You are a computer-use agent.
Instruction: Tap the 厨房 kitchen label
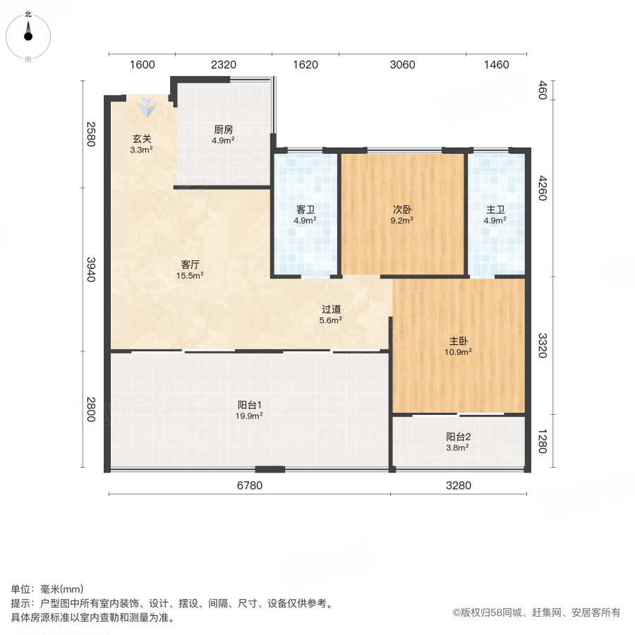[x=224, y=130]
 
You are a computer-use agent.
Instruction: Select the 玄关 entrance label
[x=142, y=139]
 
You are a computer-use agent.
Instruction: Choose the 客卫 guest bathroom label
[x=305, y=210]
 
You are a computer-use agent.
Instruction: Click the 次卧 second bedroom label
[x=402, y=210]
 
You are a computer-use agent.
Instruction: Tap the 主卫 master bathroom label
[x=495, y=210]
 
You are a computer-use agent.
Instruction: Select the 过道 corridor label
[x=332, y=309]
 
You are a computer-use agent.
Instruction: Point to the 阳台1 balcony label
[x=250, y=405]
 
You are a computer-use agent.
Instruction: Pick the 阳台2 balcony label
[x=457, y=437]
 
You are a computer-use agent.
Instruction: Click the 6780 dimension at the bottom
[x=250, y=485]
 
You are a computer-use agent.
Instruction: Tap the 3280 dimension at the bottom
[x=458, y=485]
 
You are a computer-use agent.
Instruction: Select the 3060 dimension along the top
[x=402, y=65]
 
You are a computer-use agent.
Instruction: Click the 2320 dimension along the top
[x=223, y=65]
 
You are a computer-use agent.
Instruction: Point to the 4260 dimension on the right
[x=543, y=188]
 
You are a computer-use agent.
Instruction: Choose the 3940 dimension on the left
[x=90, y=269]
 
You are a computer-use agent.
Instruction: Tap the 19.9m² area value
[x=250, y=416]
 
